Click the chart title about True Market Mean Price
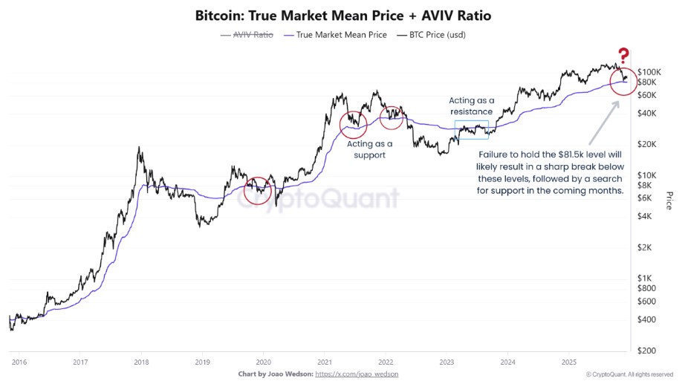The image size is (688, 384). pyautogui.click(x=343, y=15)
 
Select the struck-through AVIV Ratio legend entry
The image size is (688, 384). pyautogui.click(x=247, y=35)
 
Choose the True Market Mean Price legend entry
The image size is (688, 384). pyautogui.click(x=334, y=35)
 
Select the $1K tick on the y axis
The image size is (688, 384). pyautogui.click(x=645, y=277)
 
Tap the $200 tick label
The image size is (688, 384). pyautogui.click(x=646, y=350)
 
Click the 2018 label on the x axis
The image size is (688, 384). pyautogui.click(x=140, y=362)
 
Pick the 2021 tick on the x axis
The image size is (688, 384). pyautogui.click(x=324, y=362)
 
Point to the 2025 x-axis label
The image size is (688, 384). pyautogui.click(x=568, y=362)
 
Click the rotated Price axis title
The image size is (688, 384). pyautogui.click(x=669, y=200)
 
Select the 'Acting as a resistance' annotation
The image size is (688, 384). pyautogui.click(x=471, y=106)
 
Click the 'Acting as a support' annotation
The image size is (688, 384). pyautogui.click(x=370, y=149)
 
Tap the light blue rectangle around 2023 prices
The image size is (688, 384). pyautogui.click(x=471, y=129)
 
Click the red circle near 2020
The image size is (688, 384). pyautogui.click(x=257, y=190)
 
